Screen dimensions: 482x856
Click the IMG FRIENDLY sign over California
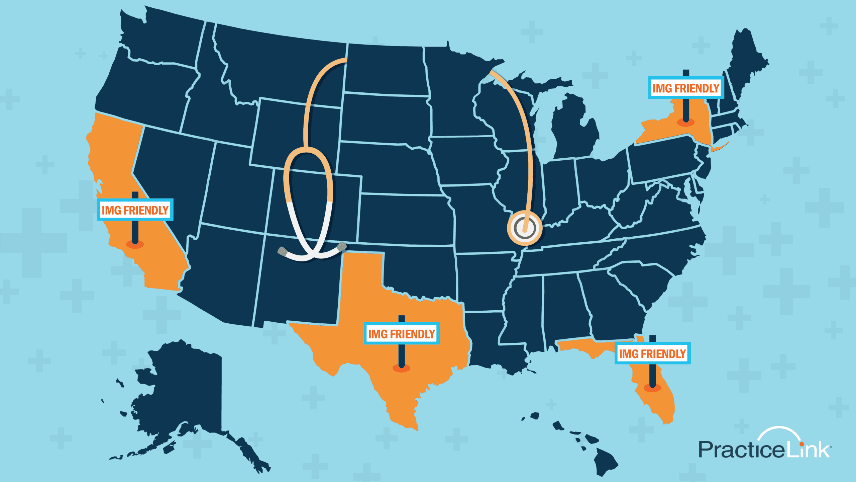[x=135, y=210]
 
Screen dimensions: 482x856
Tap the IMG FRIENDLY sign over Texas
[x=401, y=333]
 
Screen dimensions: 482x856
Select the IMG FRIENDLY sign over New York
[x=686, y=88]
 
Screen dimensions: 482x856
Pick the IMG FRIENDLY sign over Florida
[x=652, y=353]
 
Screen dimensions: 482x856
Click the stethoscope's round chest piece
[x=524, y=228]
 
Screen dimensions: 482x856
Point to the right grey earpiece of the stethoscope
[x=342, y=247]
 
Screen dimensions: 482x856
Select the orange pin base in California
[x=135, y=244]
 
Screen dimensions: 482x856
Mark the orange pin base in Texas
[x=401, y=368]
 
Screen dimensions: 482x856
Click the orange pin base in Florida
[x=652, y=388]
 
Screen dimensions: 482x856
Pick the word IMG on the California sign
[x=111, y=210]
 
